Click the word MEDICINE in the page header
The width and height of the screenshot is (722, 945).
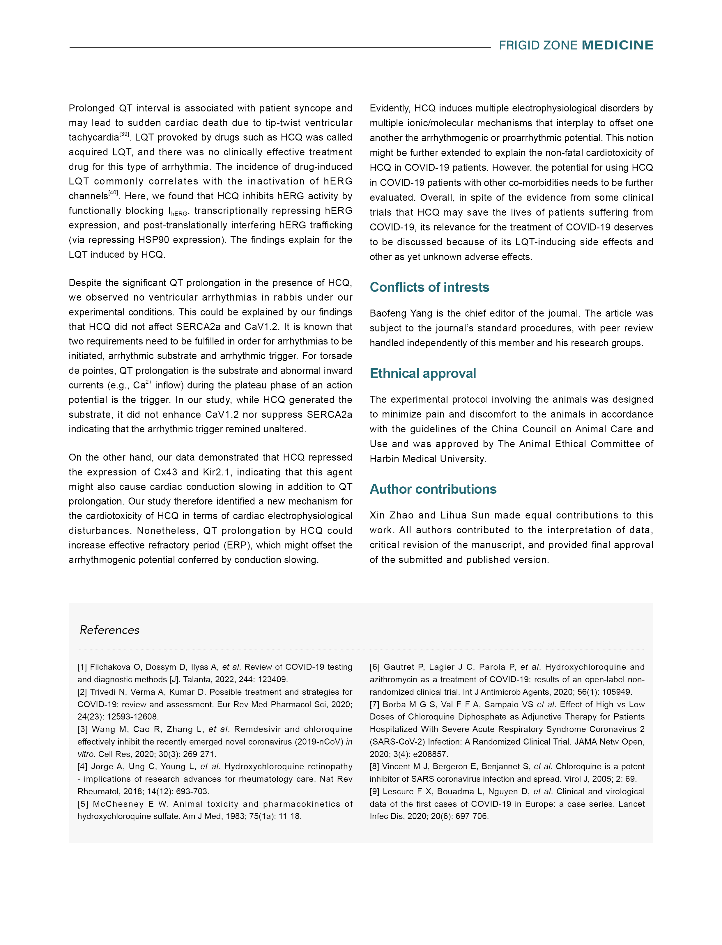click(x=617, y=45)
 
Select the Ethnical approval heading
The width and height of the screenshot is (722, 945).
click(x=423, y=373)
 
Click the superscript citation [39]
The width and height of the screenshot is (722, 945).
click(x=124, y=134)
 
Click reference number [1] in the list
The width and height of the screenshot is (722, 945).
click(x=82, y=667)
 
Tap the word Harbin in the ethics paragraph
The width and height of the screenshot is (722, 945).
click(x=385, y=459)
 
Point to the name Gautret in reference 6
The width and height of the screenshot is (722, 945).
click(x=399, y=667)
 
